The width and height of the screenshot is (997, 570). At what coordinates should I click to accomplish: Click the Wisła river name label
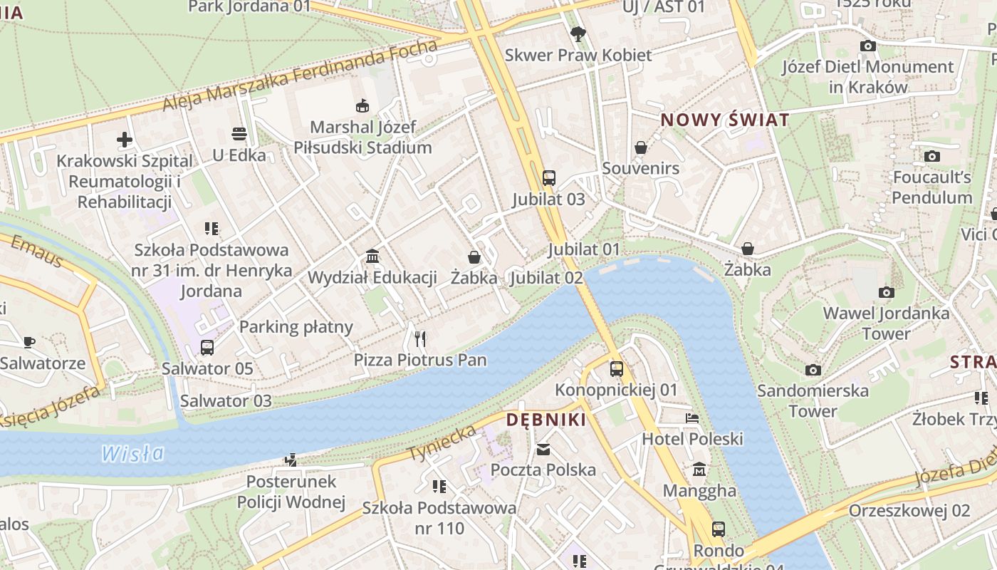[132, 453]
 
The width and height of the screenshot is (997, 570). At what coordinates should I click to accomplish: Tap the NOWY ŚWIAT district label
[725, 120]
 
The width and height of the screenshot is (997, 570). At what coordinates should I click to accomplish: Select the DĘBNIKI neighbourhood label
[546, 420]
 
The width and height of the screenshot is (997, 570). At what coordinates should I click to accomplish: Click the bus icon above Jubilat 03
[548, 178]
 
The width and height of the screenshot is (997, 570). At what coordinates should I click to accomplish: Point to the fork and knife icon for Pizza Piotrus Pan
[420, 338]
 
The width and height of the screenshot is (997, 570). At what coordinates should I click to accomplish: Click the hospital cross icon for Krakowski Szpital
[125, 140]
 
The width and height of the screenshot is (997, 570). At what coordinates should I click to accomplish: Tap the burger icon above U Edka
[239, 134]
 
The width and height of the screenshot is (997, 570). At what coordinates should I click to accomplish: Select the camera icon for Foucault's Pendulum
[931, 156]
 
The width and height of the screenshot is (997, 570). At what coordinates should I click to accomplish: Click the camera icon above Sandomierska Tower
[813, 370]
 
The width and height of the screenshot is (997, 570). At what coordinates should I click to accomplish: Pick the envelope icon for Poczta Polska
[543, 449]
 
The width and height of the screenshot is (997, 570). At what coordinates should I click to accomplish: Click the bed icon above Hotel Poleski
[692, 418]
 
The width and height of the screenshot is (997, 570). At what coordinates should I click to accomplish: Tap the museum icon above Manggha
[699, 470]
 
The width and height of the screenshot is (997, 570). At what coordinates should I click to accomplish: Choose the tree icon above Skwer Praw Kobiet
[578, 33]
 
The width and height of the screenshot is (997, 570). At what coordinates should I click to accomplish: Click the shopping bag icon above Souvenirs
[640, 147]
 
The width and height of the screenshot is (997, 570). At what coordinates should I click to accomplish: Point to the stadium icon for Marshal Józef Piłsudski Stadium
[362, 106]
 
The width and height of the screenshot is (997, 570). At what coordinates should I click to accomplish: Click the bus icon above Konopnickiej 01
[617, 369]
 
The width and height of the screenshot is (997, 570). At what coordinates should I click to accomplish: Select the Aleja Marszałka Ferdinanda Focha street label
[299, 76]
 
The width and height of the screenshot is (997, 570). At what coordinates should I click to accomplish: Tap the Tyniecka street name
[442, 442]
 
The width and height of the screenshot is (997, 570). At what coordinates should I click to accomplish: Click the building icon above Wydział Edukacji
[372, 256]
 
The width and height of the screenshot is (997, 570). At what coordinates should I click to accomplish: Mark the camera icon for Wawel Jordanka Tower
[886, 292]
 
